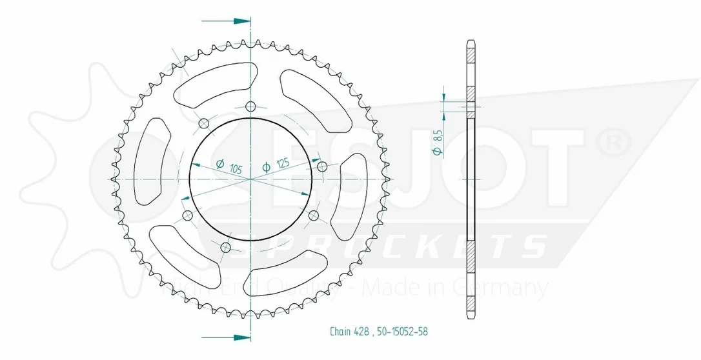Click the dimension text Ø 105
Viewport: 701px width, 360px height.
[x=229, y=166]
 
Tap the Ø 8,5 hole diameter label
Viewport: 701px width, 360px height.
[x=438, y=143]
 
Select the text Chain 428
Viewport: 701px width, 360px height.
[x=349, y=332]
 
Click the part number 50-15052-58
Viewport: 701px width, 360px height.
[x=402, y=332]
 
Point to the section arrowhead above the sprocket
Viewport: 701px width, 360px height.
[x=242, y=21]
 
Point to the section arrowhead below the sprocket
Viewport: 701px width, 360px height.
[x=242, y=337]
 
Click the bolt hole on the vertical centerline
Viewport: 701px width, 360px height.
[x=251, y=106]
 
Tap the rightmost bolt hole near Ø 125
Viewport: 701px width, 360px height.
[x=321, y=166]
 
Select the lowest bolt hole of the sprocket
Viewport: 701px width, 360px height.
[x=226, y=247]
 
